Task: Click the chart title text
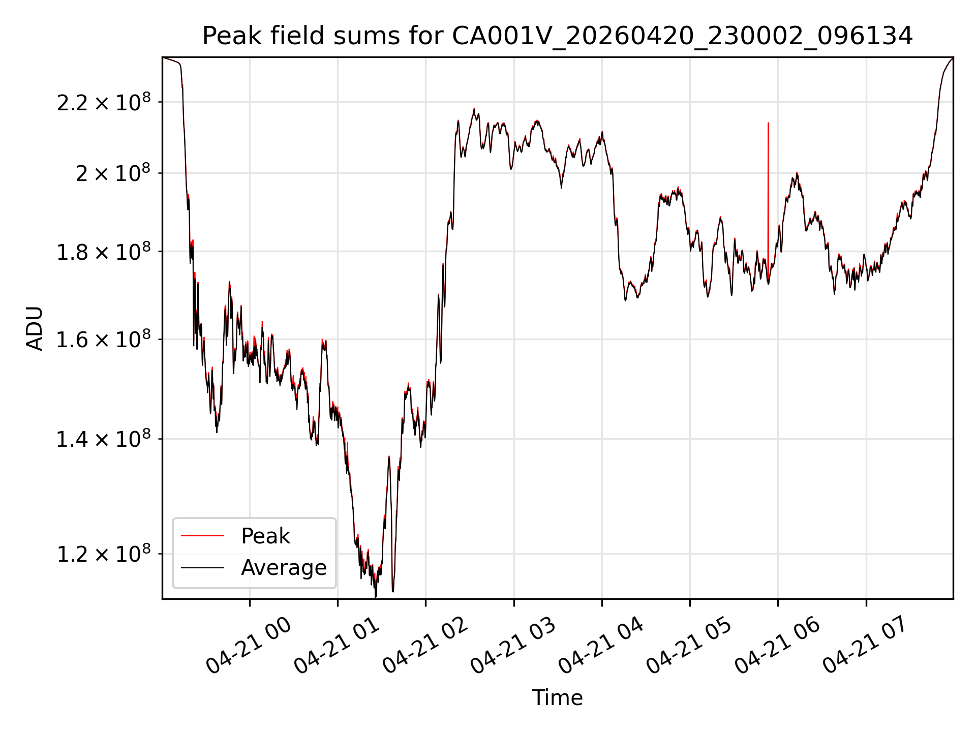click(x=558, y=36)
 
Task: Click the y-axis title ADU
click(x=35, y=328)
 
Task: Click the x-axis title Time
click(x=557, y=697)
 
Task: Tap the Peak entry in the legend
click(x=265, y=536)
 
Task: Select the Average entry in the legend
click(x=284, y=567)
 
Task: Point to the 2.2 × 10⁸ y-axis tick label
click(x=104, y=102)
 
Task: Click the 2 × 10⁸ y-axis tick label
click(x=113, y=173)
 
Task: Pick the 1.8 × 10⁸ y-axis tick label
click(x=104, y=251)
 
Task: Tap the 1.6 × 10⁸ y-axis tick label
click(x=104, y=339)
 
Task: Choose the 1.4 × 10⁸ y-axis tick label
click(x=104, y=439)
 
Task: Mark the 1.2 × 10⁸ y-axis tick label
click(x=104, y=554)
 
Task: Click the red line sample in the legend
click(x=202, y=536)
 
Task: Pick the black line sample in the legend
click(x=202, y=567)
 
